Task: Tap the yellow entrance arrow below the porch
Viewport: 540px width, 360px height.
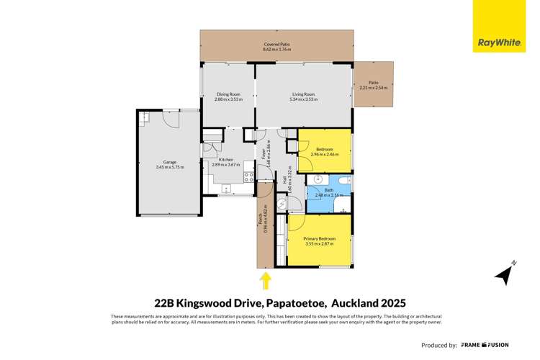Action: point(266,279)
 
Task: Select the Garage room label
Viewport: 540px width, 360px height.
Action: point(169,163)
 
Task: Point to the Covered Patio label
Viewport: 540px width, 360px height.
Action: point(277,45)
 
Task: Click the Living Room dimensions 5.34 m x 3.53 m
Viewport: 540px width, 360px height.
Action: point(303,99)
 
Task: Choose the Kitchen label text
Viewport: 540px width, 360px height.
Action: point(226,159)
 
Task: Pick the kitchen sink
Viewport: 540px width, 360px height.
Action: point(226,189)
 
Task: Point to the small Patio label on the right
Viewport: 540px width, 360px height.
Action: point(373,83)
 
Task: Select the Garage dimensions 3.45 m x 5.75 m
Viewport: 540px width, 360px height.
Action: point(169,168)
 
